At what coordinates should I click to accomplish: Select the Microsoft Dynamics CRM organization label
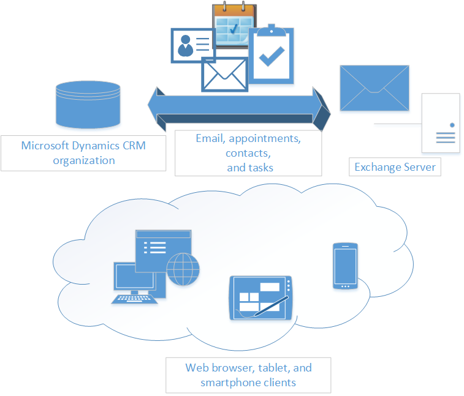pyautogui.click(x=83, y=153)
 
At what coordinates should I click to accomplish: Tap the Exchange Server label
pyautogui.click(x=395, y=167)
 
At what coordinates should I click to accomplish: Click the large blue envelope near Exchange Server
pyautogui.click(x=375, y=88)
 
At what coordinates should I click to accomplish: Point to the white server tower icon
pyautogui.click(x=441, y=122)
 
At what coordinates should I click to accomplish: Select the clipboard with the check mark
pyautogui.click(x=271, y=54)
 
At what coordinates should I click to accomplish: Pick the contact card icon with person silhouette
pyautogui.click(x=192, y=45)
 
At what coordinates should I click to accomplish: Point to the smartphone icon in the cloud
pyautogui.click(x=345, y=266)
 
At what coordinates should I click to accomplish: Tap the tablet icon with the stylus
pyautogui.click(x=261, y=297)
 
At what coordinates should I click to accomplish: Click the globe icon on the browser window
pyautogui.click(x=183, y=270)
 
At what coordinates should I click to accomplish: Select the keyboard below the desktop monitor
pyautogui.click(x=135, y=299)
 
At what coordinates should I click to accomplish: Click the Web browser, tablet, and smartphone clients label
pyautogui.click(x=248, y=375)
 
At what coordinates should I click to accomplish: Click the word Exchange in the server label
pyautogui.click(x=375, y=167)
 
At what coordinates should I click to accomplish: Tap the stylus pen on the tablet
pyautogui.click(x=271, y=306)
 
